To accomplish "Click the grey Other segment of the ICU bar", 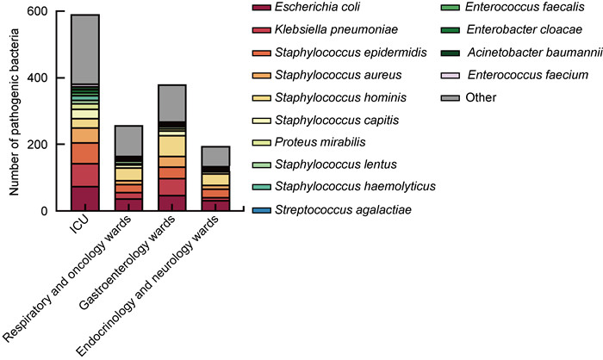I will tap(85, 49).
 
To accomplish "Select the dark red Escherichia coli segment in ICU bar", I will tap(85, 198).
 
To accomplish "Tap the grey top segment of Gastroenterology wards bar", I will tap(171, 102).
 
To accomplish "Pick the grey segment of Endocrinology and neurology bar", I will tap(214, 156).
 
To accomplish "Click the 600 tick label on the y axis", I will tap(37, 12).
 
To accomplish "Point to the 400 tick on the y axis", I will tap(37, 78).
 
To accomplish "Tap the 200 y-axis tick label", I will tap(37, 145).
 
